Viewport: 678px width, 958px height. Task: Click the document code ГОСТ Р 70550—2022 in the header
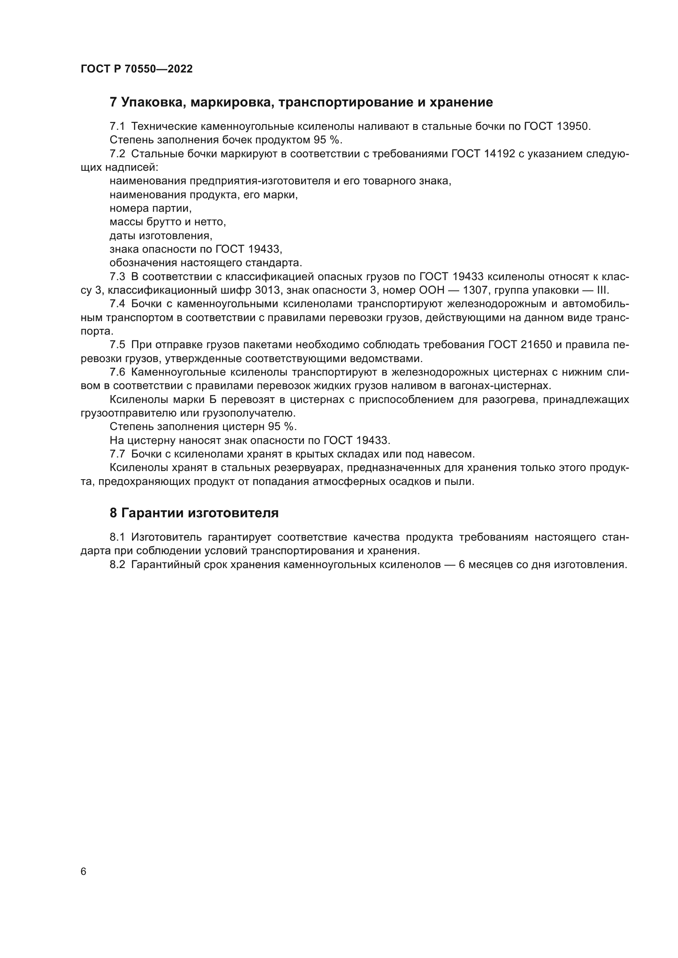(x=137, y=69)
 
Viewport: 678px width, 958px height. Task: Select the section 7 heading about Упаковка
(x=301, y=102)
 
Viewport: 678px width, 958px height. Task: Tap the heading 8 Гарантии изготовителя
(x=194, y=513)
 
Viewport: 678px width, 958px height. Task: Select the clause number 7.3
(x=117, y=276)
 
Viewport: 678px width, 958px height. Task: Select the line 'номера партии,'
(x=151, y=208)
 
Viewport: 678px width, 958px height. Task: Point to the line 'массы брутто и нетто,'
(x=168, y=222)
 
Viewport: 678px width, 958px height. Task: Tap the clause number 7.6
(x=117, y=372)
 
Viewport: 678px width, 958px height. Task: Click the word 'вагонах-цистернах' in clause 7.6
(x=506, y=386)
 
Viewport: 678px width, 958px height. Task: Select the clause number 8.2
(x=117, y=565)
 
